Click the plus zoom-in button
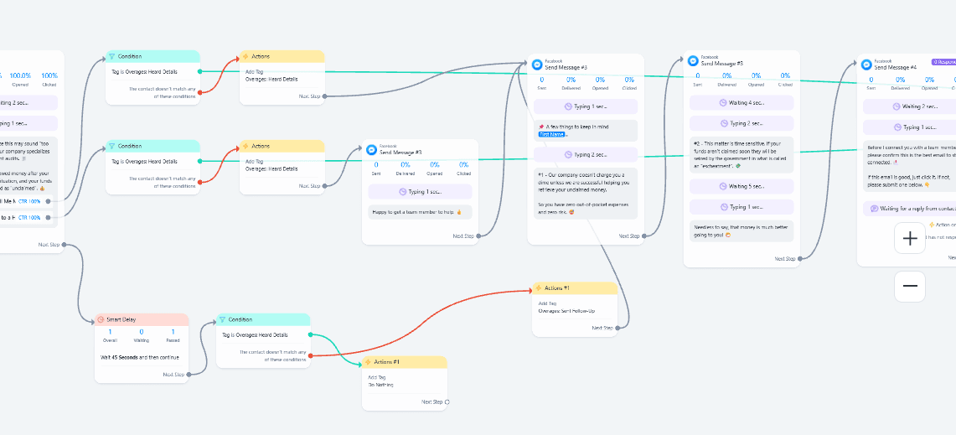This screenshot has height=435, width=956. [910, 239]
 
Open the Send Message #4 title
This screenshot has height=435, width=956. [896, 66]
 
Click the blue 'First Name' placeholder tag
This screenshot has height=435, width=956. [552, 135]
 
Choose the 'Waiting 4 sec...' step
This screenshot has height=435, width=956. [742, 102]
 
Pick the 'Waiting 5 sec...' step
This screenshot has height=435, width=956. [742, 186]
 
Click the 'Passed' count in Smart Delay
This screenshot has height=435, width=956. [173, 334]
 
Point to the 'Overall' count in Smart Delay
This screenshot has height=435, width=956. [110, 334]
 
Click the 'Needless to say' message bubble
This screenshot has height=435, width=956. [742, 230]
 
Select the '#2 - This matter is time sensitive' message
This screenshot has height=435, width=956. [742, 154]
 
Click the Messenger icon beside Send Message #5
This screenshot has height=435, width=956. [693, 60]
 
